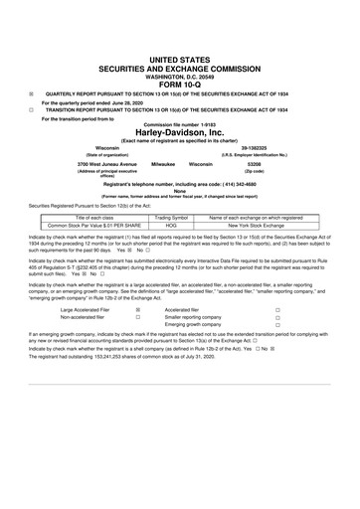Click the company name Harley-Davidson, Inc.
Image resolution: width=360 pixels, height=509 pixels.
click(x=180, y=132)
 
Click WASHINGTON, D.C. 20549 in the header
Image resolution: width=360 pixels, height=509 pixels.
click(x=180, y=44)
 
